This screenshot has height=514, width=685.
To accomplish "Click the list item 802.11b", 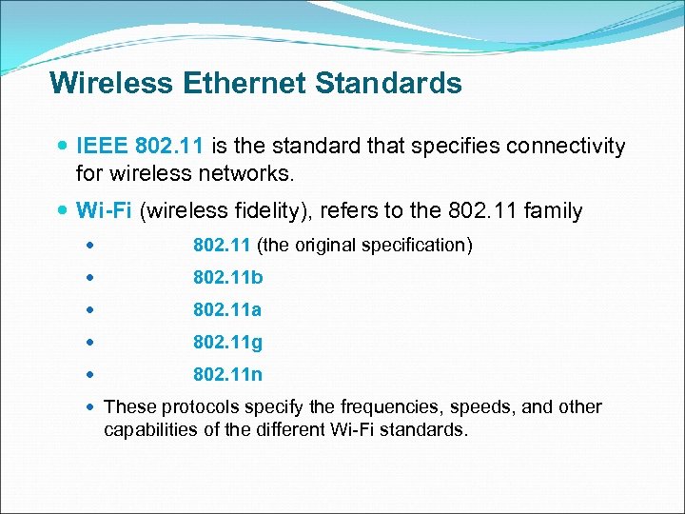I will pos(227,278).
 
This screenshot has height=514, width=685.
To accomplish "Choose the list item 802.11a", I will pos(227,310).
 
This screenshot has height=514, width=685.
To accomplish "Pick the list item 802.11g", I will pos(227,343).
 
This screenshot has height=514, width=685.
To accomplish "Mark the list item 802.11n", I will pos(227,375).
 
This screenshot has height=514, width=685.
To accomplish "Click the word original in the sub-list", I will pos(332,246).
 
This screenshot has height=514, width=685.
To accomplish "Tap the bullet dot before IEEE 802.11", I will pos(63,148).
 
